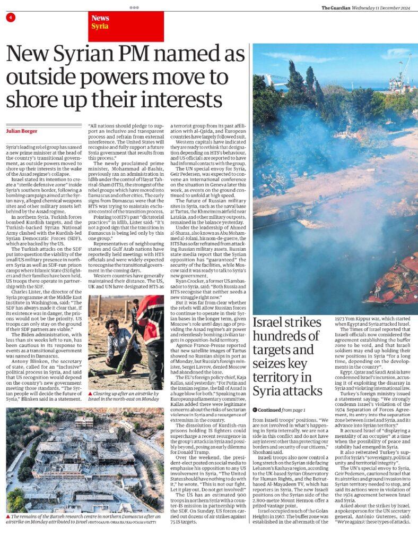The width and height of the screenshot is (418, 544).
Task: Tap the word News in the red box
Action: coord(100,18)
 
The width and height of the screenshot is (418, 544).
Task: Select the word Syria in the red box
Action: coord(100,26)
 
